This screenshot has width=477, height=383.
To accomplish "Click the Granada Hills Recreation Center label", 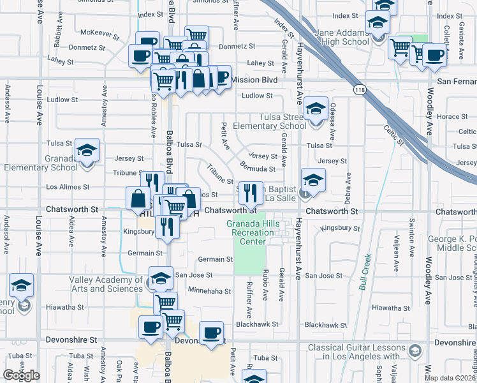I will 254,232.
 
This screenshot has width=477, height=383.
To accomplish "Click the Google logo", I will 21,375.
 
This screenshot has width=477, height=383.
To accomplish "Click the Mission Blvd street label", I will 255,80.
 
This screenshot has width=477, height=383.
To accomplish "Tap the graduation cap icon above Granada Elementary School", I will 87,151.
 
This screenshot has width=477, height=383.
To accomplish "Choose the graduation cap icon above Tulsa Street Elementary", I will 316,109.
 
